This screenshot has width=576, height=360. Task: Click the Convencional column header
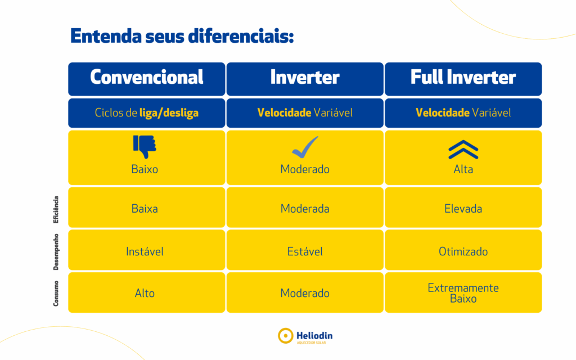[x=147, y=79]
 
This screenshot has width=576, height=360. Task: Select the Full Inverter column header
[x=463, y=79]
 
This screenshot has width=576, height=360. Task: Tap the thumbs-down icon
[x=145, y=147]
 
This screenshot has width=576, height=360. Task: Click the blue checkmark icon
[x=305, y=147]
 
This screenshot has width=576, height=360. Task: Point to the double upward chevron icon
[x=463, y=150]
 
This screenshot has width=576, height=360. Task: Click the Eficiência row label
[x=56, y=209]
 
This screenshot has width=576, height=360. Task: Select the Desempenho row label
[x=56, y=252]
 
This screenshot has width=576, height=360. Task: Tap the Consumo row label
[x=56, y=294]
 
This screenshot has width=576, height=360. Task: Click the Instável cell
[x=147, y=250]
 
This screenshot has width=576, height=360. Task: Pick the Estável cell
[x=305, y=250]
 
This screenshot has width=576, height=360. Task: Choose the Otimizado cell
[x=463, y=250]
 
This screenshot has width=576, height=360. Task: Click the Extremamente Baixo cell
[x=463, y=292]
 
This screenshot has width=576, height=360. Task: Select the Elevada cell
[x=463, y=208]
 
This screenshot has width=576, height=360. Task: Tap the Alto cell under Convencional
[x=147, y=292]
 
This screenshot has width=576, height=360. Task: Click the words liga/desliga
[x=169, y=112]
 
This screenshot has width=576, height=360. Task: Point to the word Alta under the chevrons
[x=463, y=169]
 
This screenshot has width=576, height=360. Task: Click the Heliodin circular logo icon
[x=285, y=336]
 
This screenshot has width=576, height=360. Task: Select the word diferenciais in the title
[x=241, y=37]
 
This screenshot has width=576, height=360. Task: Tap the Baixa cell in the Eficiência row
[x=147, y=208]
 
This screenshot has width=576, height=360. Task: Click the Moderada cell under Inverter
[x=305, y=208]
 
